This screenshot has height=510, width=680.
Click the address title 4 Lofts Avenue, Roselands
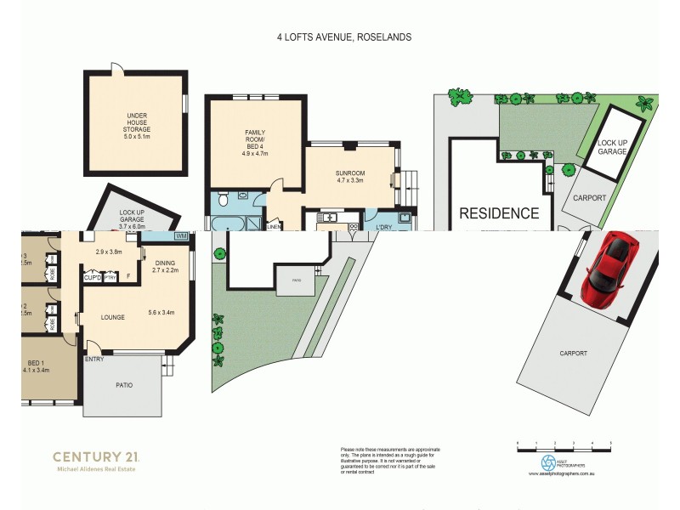point(344,37)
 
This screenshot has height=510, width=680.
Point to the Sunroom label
point(350,175)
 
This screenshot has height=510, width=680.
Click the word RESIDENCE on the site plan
point(499,213)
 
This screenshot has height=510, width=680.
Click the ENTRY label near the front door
point(94,360)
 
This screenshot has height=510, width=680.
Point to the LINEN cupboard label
point(274,227)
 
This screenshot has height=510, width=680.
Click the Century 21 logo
point(95,460)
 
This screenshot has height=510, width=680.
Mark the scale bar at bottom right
point(564,443)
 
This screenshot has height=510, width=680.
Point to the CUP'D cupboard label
point(92,277)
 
